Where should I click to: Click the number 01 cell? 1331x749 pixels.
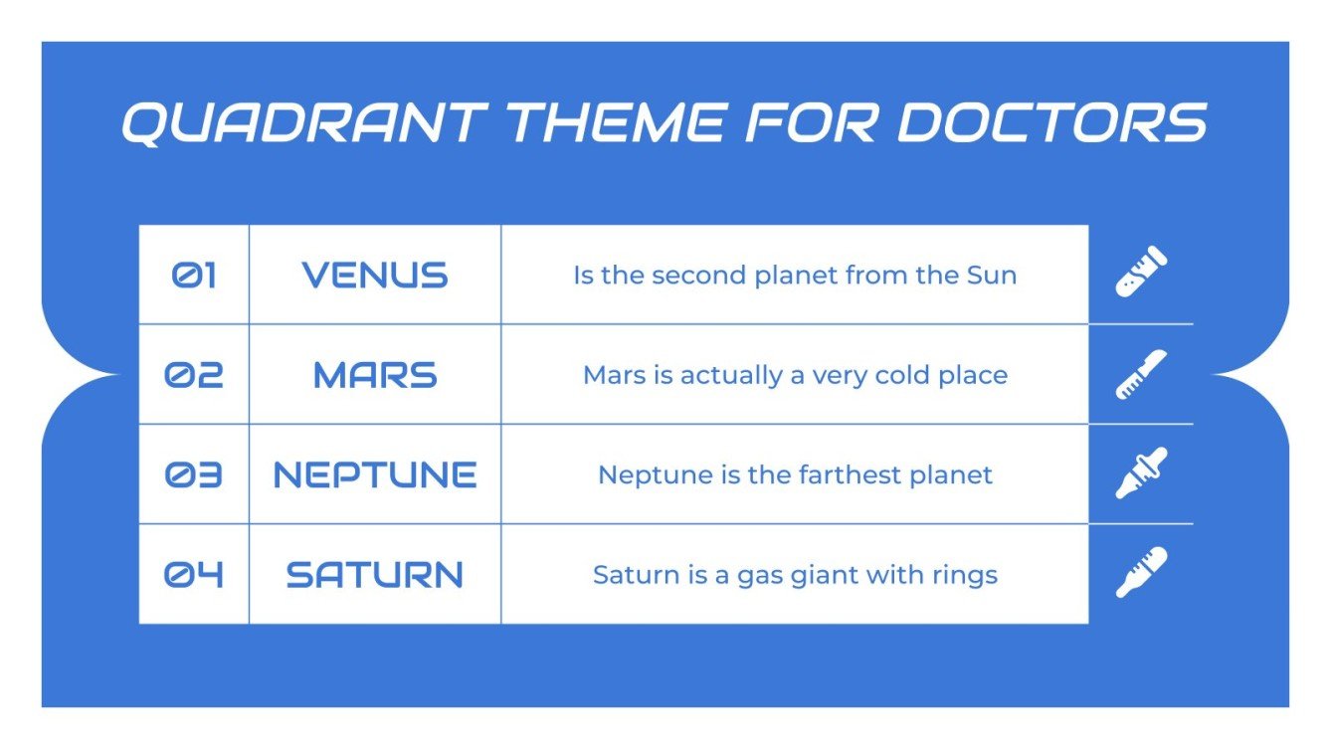[194, 276]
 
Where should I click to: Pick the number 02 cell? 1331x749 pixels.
[194, 375]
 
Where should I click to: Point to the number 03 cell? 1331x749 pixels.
[194, 475]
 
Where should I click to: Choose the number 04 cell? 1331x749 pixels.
[194, 575]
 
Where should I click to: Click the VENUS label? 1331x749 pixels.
[375, 276]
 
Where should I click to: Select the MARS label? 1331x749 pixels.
[375, 375]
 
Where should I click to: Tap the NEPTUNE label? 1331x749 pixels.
[375, 475]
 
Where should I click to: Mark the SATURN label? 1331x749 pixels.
[375, 575]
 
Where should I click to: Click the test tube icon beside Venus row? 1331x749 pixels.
[1141, 273]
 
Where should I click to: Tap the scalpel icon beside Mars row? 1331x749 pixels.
[1141, 374]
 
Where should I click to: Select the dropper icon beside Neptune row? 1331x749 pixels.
[1141, 473]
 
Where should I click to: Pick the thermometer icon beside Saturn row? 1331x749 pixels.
[1141, 572]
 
